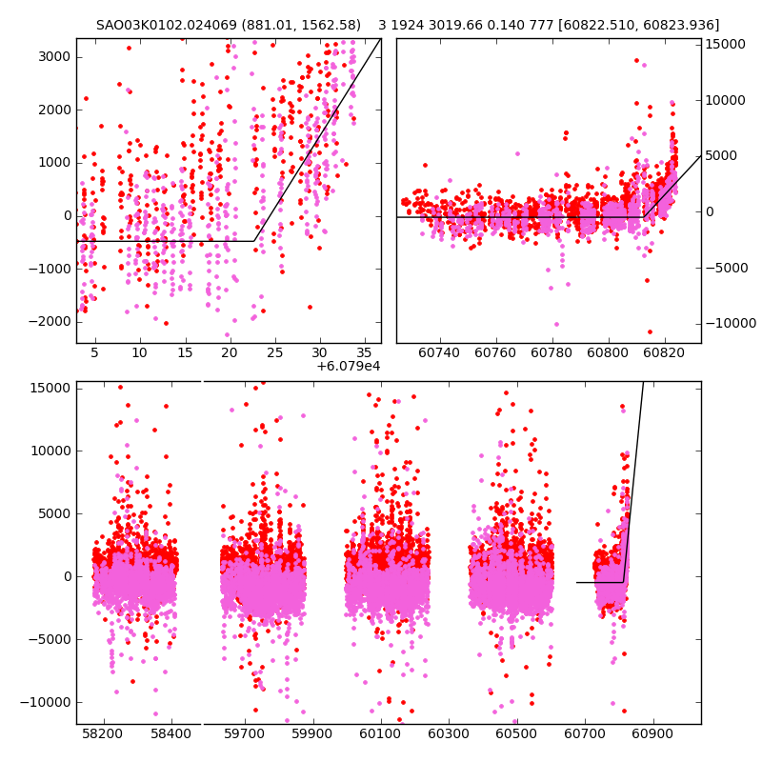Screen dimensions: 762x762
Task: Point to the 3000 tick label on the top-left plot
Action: pyautogui.click(x=53, y=56)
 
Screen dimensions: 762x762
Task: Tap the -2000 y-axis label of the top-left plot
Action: pyautogui.click(x=50, y=321)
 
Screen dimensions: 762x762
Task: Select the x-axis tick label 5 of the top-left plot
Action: pyautogui.click(x=94, y=352)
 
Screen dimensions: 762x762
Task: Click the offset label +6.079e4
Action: pyautogui.click(x=349, y=366)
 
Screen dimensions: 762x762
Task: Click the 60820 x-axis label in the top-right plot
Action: pyautogui.click(x=664, y=352)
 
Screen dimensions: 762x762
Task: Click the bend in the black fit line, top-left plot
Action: pyautogui.click(x=254, y=241)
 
